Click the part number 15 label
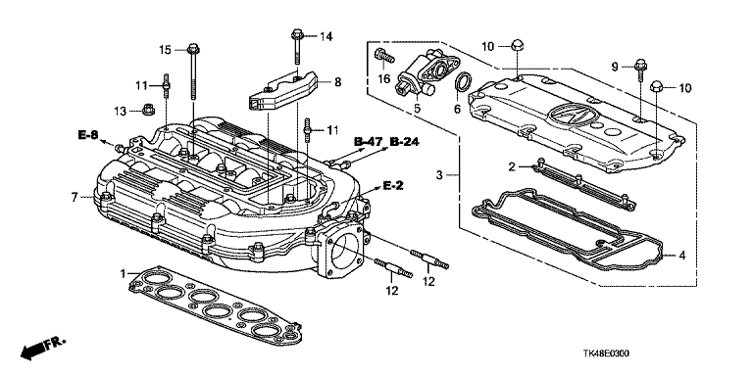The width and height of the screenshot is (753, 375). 165,49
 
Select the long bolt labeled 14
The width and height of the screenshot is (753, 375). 296,47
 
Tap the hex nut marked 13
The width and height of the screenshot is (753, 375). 148,110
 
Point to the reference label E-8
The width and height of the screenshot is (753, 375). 87,135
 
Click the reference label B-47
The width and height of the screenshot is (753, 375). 368,141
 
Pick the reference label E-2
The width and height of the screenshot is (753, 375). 392,186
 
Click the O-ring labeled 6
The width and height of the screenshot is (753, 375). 463,82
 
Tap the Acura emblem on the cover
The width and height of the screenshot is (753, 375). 569,117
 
